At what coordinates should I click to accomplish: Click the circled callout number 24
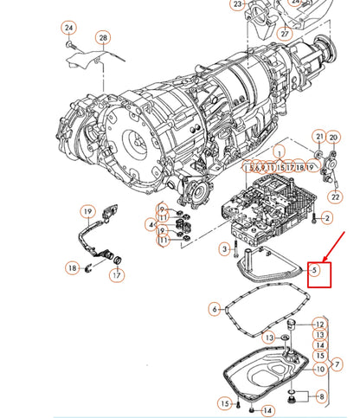coord(69,29)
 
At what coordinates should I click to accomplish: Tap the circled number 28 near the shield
coord(103,39)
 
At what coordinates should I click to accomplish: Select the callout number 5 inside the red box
coord(316,271)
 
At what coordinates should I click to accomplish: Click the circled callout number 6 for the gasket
coord(215,308)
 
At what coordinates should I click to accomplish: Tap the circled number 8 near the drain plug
coord(322,396)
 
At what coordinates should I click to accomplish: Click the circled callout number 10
coord(320,370)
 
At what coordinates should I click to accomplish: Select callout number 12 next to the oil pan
coord(320,325)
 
